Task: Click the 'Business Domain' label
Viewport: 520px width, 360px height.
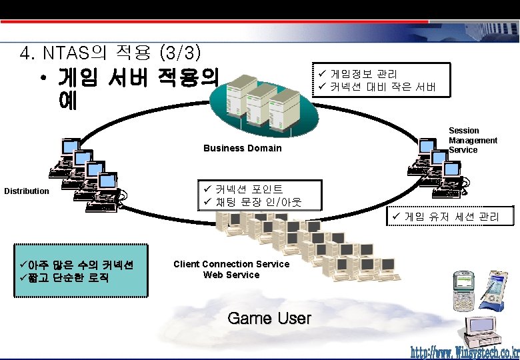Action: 242,148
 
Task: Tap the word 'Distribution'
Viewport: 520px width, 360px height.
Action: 27,191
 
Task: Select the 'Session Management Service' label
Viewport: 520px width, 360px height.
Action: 473,140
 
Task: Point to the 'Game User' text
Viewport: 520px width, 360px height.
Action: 269,318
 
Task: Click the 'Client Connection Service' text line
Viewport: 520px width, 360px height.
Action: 231,264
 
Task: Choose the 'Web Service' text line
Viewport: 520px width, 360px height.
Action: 231,275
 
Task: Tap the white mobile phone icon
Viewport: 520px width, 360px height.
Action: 463,290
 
